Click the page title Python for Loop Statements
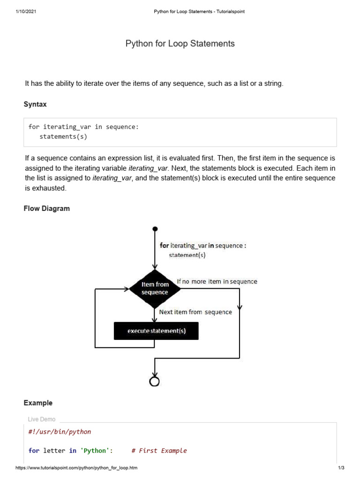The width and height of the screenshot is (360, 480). (180, 44)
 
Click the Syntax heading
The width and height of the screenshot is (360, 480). (35, 104)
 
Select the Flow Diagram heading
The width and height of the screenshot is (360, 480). (46, 209)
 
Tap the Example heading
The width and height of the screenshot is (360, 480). (38, 403)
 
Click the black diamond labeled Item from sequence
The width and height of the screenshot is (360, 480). (155, 288)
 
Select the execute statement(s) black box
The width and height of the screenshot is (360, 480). (156, 331)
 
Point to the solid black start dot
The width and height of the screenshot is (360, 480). (155, 229)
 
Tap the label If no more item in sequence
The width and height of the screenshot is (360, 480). (217, 281)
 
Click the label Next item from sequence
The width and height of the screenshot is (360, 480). (195, 312)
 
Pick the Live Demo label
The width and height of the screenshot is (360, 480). (42, 420)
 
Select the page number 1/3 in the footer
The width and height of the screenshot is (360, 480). (341, 468)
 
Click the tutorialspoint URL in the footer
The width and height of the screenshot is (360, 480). (76, 468)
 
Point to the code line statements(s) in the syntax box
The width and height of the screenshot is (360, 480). (63, 137)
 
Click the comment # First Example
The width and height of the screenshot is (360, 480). (159, 450)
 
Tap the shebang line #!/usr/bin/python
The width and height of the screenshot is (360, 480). (60, 431)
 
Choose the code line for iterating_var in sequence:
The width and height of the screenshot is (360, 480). (84, 127)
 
